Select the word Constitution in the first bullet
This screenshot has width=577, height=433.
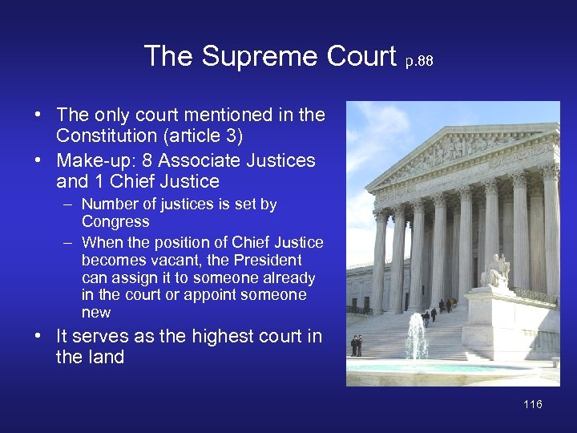pyautogui.click(x=107, y=137)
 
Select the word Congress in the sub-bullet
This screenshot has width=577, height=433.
pyautogui.click(x=115, y=221)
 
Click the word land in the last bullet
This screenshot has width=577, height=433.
pyautogui.click(x=107, y=357)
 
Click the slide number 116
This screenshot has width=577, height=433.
pyautogui.click(x=533, y=404)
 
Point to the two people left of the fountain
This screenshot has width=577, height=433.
pyautogui.click(x=356, y=346)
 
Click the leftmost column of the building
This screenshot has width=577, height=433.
pyautogui.click(x=380, y=261)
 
